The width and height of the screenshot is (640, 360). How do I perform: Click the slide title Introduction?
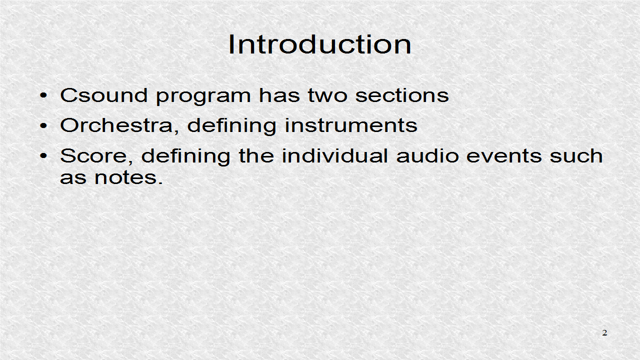(320, 44)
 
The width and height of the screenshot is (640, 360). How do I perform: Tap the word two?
(328, 95)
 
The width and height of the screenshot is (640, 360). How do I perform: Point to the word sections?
(401, 95)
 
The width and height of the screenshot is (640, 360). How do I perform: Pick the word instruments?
(351, 125)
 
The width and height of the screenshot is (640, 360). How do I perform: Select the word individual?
(334, 156)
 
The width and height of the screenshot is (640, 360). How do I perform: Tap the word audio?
(427, 156)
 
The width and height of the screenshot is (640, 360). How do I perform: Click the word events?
(504, 156)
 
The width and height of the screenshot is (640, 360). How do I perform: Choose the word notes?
(128, 177)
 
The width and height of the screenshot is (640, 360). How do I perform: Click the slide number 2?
(604, 333)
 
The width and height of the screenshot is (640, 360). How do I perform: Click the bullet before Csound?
(45, 95)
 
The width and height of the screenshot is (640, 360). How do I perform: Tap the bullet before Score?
(45, 156)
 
